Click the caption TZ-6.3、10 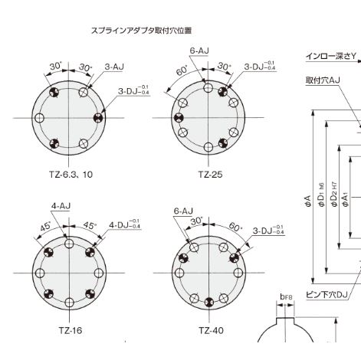pyautogui.click(x=65, y=174)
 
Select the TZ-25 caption pyautogui.click(x=209, y=174)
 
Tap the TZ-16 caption pyautogui.click(x=69, y=331)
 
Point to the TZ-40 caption pyautogui.click(x=209, y=331)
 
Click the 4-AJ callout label pyautogui.click(x=61, y=207)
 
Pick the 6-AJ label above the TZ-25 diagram pyautogui.click(x=199, y=50)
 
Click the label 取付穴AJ pyautogui.click(x=326, y=79)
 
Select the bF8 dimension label pyautogui.click(x=287, y=296)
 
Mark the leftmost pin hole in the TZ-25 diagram pyautogui.click(x=178, y=118)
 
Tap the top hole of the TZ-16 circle pyautogui.click(x=69, y=244)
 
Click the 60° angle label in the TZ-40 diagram pyautogui.click(x=235, y=227)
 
